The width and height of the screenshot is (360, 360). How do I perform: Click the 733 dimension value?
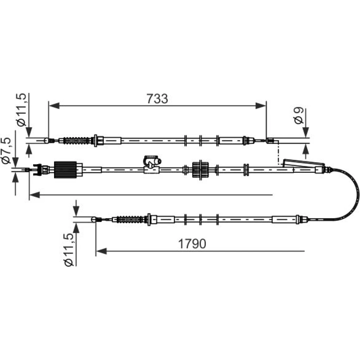pyautogui.click(x=157, y=99)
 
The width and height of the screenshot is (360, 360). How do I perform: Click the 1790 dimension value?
pyautogui.click(x=192, y=244)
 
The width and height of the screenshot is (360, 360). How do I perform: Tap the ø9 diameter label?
pyautogui.click(x=299, y=116)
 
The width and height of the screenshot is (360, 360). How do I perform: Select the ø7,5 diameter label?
pyautogui.click(x=6, y=150)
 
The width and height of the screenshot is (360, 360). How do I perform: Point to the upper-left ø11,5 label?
pyautogui.click(x=21, y=110)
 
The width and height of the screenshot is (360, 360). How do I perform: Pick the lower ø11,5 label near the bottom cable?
pyautogui.click(x=69, y=249)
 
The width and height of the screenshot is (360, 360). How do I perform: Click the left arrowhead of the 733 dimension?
pyautogui.click(x=54, y=105)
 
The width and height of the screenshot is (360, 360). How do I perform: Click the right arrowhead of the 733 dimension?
pyautogui.click(x=261, y=105)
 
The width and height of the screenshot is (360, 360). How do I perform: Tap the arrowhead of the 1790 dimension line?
pyautogui.click(x=101, y=251)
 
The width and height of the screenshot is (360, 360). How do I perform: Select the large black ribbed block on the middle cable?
pyautogui.click(x=66, y=170)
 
